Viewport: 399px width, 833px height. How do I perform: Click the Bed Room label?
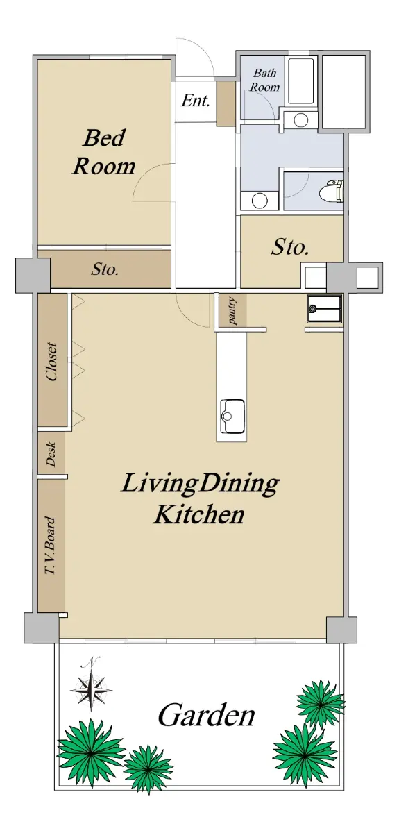(x=103, y=152)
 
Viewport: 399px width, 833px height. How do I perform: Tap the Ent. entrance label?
(x=196, y=101)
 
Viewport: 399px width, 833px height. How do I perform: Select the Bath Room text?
(x=264, y=80)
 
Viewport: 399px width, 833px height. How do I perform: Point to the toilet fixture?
(x=332, y=191)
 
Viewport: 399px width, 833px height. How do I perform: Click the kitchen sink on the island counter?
(x=232, y=416)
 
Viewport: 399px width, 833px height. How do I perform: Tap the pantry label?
(x=232, y=311)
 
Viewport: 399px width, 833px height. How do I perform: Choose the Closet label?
(x=51, y=362)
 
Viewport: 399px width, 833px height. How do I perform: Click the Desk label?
(x=51, y=454)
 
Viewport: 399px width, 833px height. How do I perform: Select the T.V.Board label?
(x=50, y=546)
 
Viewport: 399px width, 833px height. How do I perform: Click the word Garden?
(x=206, y=715)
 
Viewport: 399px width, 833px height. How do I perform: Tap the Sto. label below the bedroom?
(x=105, y=269)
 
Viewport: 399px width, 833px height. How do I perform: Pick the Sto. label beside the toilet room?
(x=290, y=247)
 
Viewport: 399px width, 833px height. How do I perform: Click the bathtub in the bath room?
(x=301, y=81)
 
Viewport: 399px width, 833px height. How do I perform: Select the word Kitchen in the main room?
(x=199, y=514)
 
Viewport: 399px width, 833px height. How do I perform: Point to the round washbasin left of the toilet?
(x=260, y=201)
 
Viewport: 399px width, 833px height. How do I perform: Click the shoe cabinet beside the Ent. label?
(x=226, y=103)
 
